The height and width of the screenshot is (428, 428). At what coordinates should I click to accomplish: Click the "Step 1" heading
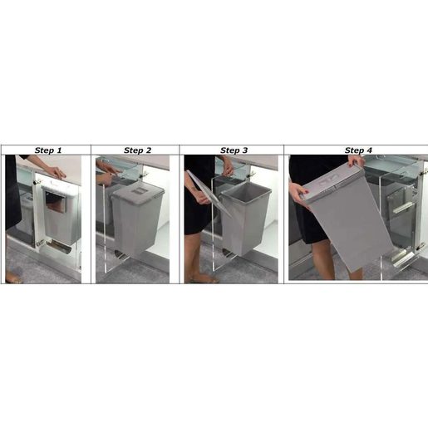48,150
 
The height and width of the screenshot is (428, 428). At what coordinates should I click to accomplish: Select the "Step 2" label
137,150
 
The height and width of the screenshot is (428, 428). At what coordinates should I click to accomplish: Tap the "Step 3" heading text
234,150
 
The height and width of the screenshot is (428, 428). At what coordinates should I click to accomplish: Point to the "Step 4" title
358,150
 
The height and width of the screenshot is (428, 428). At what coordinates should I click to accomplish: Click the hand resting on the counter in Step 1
57,172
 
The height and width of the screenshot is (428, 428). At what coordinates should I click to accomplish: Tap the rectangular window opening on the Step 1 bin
56,200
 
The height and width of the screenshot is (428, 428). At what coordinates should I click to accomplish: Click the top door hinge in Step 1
37,182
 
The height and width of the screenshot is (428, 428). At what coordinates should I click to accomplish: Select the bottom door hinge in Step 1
40,243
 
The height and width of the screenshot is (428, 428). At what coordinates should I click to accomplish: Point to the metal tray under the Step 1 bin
59,247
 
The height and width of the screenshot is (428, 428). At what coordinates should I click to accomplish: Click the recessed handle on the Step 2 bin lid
137,191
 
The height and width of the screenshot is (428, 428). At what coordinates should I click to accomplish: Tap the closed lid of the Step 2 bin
137,190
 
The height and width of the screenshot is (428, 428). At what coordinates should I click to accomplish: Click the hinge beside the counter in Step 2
144,174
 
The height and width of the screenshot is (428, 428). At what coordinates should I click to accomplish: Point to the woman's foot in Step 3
204,278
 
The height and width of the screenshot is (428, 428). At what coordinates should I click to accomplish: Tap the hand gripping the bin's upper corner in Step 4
355,161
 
